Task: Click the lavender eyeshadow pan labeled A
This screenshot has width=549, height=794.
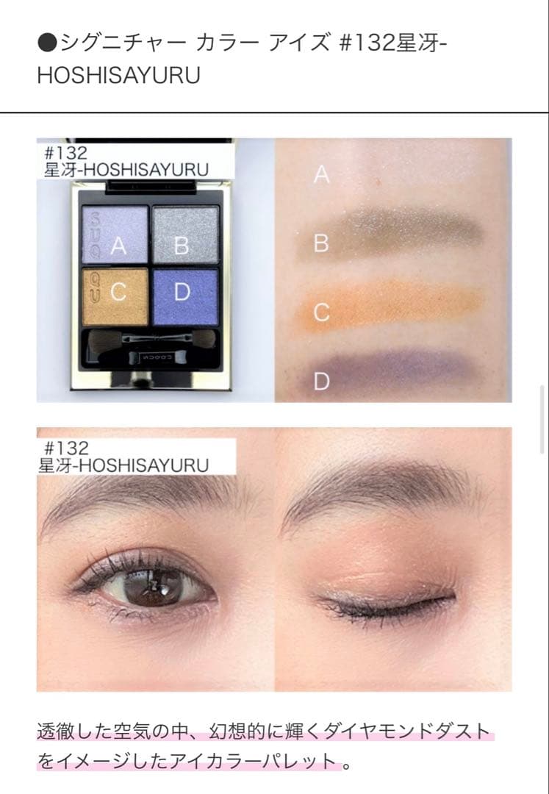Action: click(115, 235)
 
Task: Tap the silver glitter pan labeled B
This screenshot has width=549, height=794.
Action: click(186, 235)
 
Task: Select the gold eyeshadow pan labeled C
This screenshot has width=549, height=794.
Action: click(115, 297)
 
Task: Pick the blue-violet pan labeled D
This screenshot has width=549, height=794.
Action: click(186, 297)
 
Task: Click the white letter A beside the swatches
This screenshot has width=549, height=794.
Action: click(321, 175)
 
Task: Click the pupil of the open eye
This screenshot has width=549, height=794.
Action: click(153, 587)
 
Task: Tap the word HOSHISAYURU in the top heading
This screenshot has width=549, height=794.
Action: click(119, 76)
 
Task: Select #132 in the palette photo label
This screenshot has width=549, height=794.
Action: click(66, 153)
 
